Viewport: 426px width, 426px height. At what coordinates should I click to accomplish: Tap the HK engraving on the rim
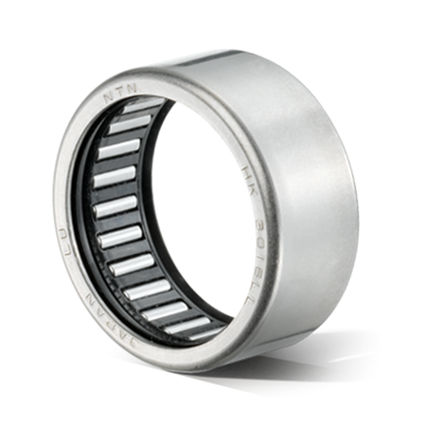(x=248, y=173)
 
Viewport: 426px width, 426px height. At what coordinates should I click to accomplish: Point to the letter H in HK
(x=246, y=168)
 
